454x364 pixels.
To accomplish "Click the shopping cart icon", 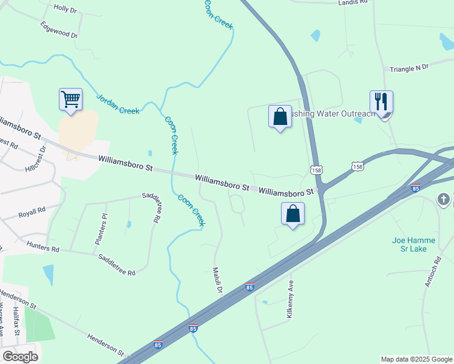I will [x=70, y=99].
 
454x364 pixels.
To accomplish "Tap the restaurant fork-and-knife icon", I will [x=381, y=102].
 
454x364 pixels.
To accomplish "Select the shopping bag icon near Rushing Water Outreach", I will [x=280, y=116].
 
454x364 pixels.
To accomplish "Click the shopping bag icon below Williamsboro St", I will [x=293, y=214].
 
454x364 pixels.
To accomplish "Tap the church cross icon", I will [x=444, y=199].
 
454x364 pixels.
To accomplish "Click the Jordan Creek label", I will [x=118, y=103].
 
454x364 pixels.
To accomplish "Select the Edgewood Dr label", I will [x=59, y=30].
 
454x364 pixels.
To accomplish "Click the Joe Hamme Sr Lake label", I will [x=413, y=244].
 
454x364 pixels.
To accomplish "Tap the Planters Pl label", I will [x=100, y=229].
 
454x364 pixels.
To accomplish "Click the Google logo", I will [x=20, y=357].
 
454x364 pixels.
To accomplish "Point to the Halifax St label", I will [x=16, y=322].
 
